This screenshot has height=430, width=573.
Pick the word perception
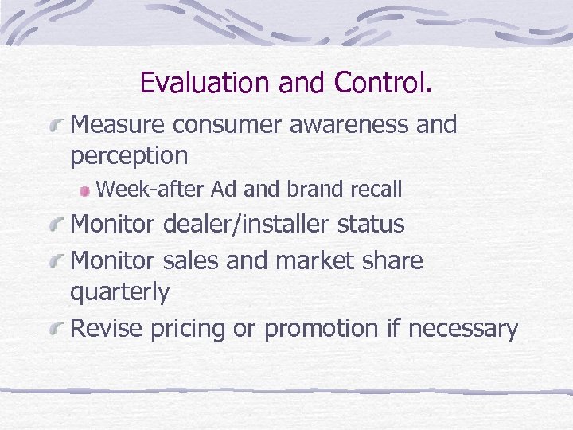[129, 156]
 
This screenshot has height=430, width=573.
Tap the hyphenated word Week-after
[150, 190]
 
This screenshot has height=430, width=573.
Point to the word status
[371, 225]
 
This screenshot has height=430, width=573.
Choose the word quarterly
[119, 292]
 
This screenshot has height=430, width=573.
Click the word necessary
[472, 328]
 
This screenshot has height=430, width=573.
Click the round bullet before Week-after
[84, 191]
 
